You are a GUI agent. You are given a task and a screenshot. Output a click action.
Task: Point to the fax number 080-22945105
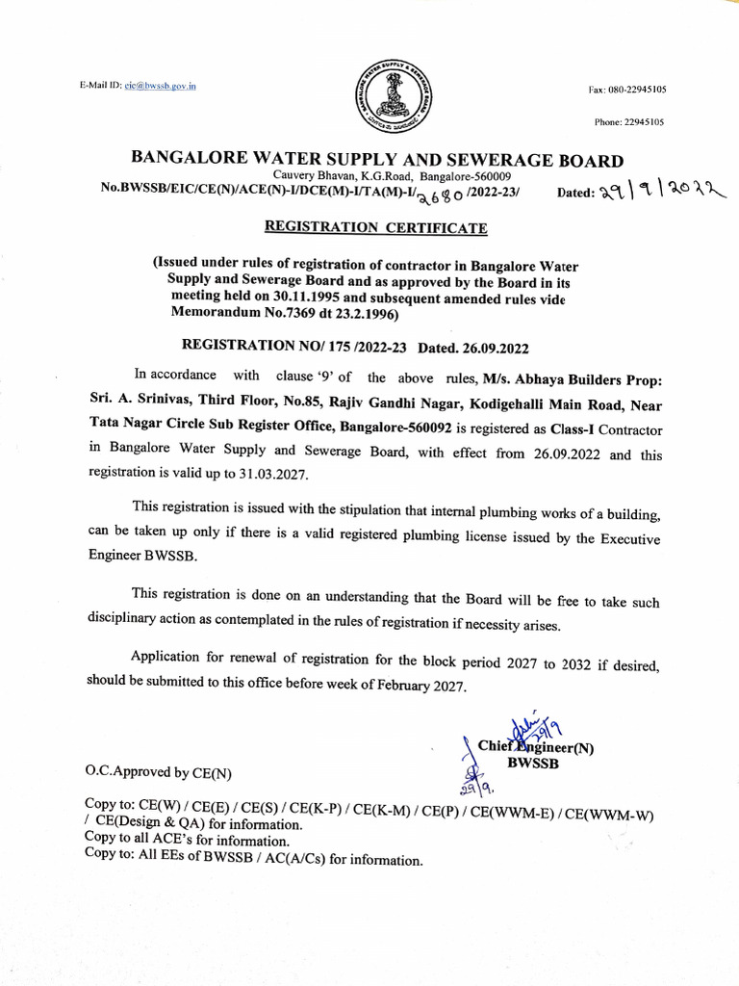638,90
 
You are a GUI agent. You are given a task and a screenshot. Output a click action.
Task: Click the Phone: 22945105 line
628,122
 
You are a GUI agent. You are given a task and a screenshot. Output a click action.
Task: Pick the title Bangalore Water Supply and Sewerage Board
376,160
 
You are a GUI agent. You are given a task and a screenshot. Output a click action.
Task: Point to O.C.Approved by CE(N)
159,771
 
